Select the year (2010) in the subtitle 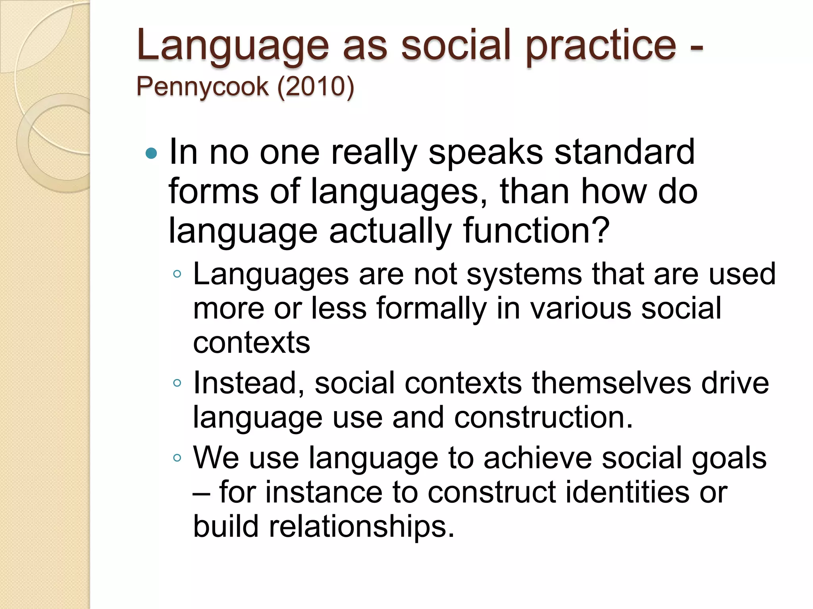click(x=316, y=86)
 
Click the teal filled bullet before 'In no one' click(x=151, y=153)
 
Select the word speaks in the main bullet click(x=485, y=153)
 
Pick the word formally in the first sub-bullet click(x=431, y=308)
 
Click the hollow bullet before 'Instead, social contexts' click(x=177, y=383)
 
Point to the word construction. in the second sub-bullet click(x=543, y=417)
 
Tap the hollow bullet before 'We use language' click(x=177, y=458)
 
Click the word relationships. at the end click(x=361, y=527)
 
